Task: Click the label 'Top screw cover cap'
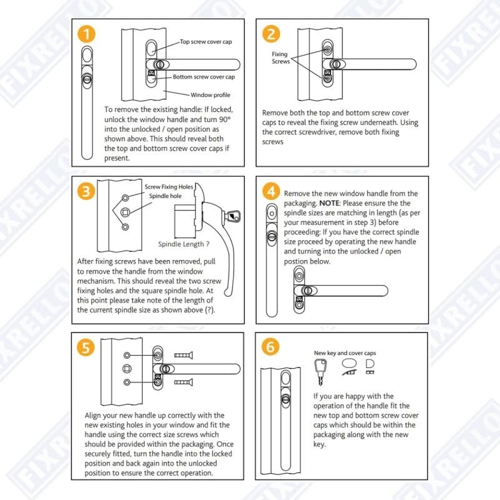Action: pos(207,42)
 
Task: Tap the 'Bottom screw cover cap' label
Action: pos(204,77)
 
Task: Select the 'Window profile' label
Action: pos(210,95)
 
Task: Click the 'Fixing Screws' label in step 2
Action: pos(280,58)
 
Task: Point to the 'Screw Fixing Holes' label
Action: pos(169,187)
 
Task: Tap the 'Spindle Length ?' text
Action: pos(183,244)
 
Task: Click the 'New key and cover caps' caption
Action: pos(344,353)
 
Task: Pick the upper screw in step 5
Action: pos(182,355)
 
